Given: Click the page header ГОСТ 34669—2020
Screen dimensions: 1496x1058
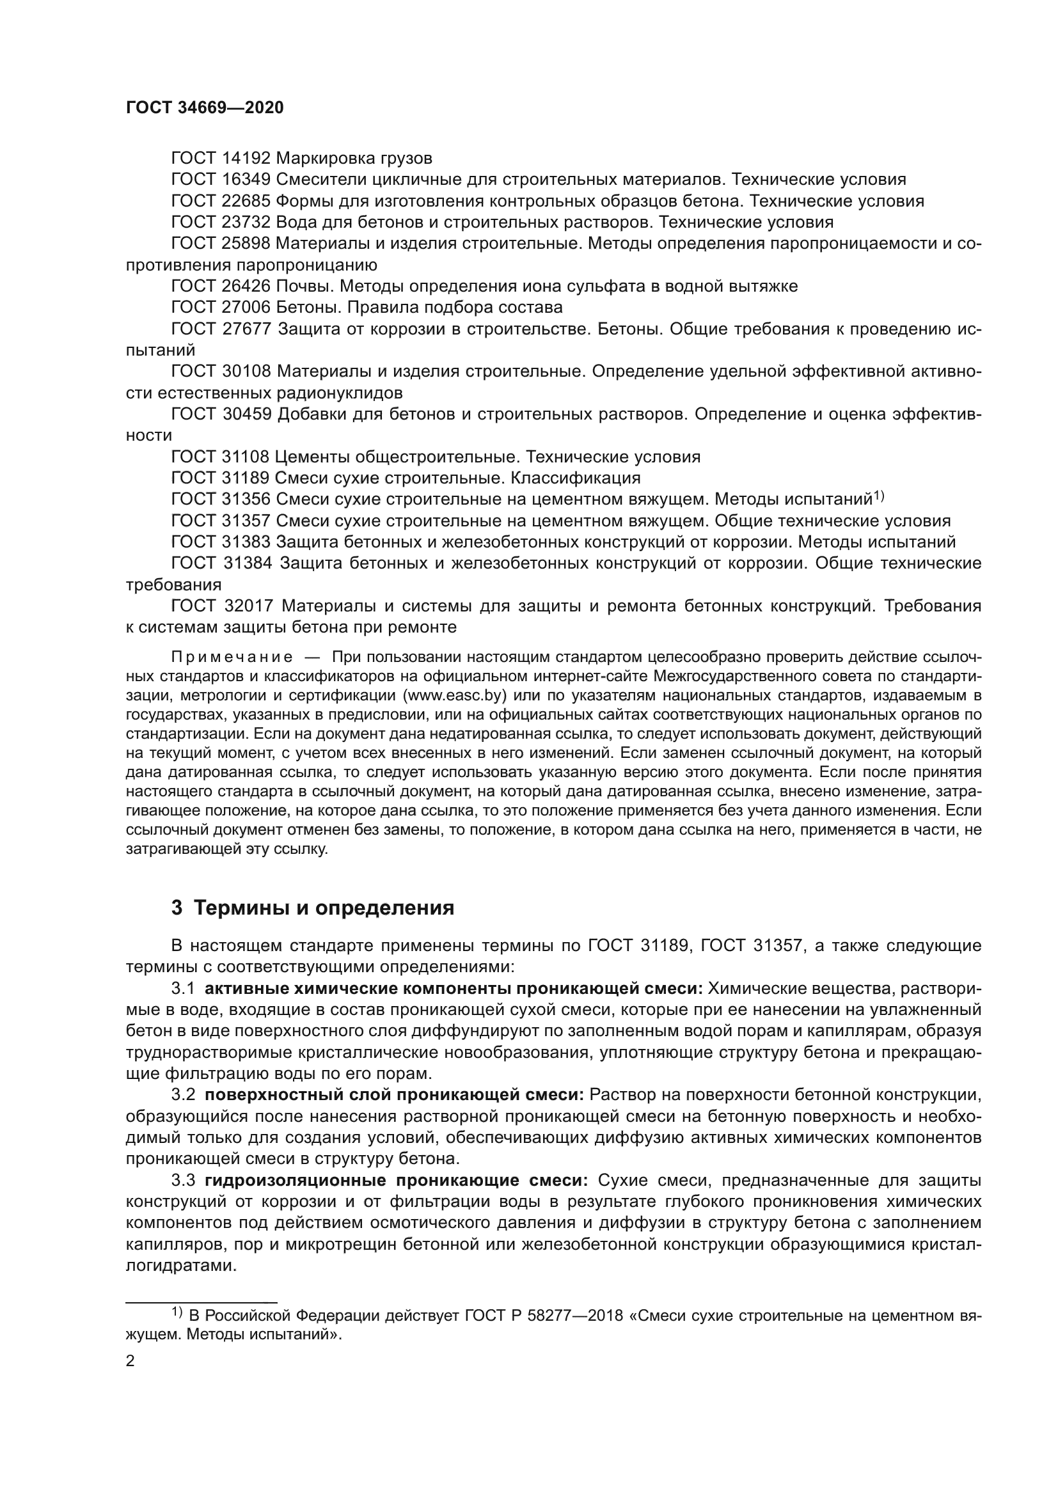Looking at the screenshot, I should pos(205,108).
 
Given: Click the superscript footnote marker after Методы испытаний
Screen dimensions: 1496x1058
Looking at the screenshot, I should pos(878,496).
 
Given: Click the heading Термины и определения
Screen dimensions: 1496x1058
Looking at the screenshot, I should pos(324,908).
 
